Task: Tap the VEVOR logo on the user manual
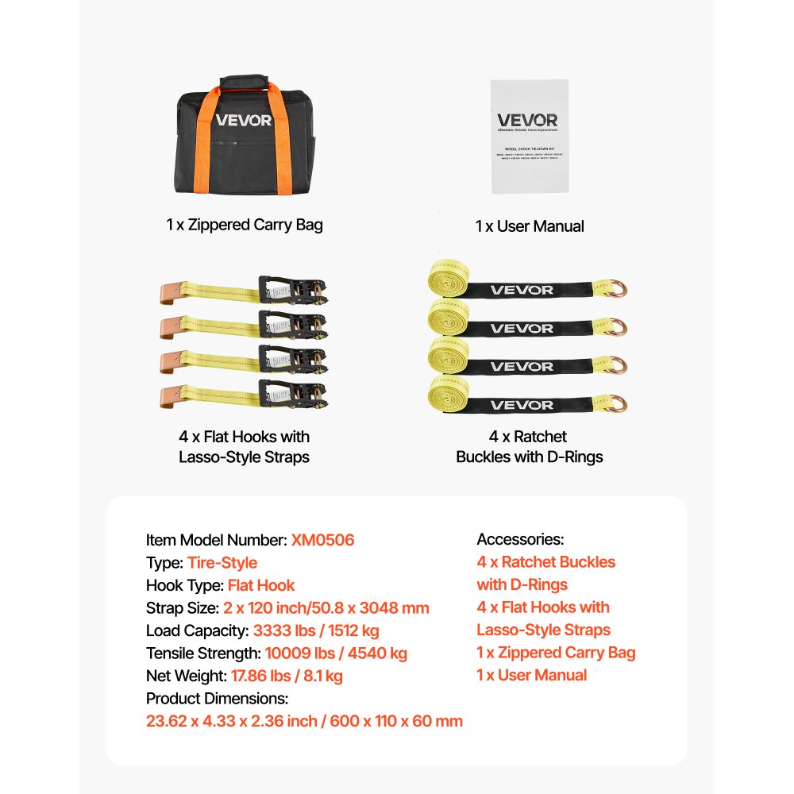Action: (527, 120)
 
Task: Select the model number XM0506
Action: (322, 540)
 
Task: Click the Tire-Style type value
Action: (222, 563)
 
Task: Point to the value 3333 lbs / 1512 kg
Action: (316, 631)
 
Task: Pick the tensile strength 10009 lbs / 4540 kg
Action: (335, 653)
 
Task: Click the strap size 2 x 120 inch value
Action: (326, 608)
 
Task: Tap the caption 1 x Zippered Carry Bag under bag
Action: (245, 225)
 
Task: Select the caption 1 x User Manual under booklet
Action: (530, 226)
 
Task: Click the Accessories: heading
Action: (520, 540)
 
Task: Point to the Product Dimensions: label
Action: (217, 699)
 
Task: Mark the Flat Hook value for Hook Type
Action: (261, 586)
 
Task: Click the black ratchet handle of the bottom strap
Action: (291, 395)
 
